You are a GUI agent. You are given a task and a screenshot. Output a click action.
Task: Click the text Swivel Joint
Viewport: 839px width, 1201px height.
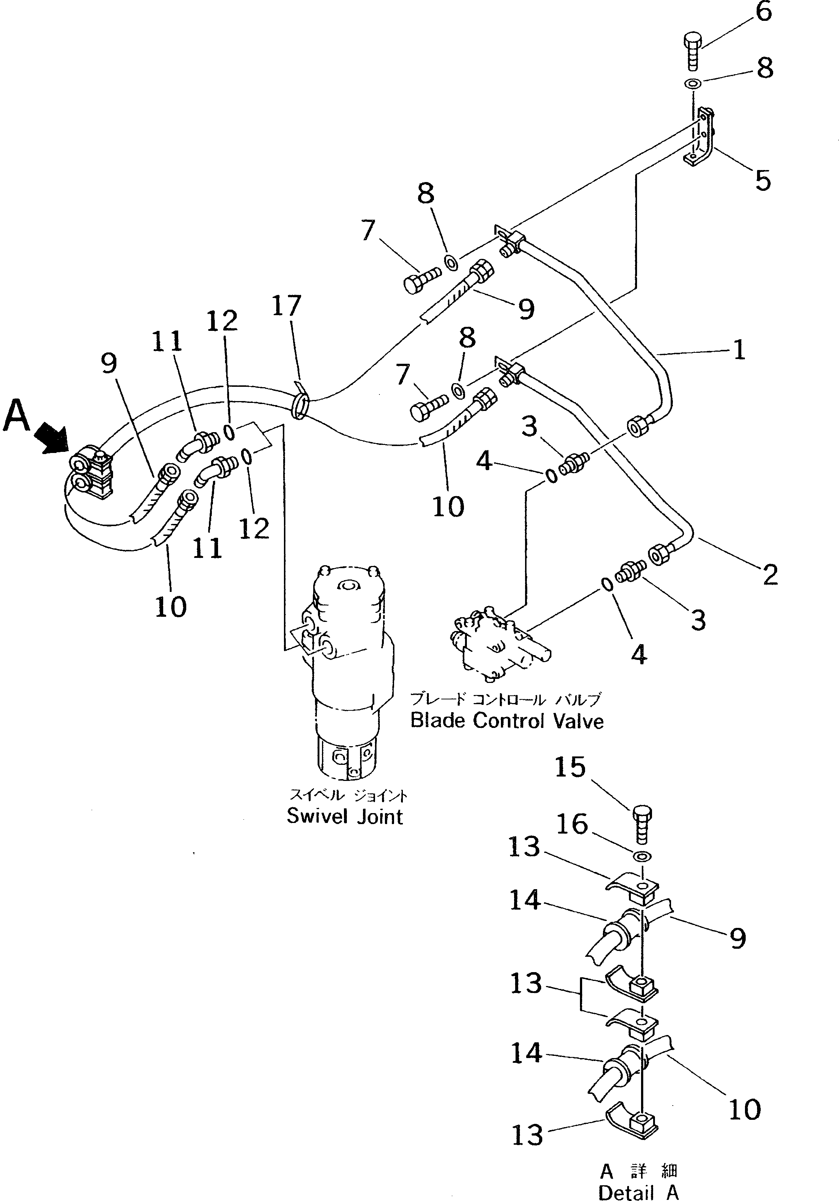(x=345, y=816)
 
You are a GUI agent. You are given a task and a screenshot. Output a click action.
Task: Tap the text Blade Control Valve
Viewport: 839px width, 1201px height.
(x=507, y=721)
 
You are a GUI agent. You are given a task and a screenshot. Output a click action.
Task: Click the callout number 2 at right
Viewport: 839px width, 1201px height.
(x=769, y=575)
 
